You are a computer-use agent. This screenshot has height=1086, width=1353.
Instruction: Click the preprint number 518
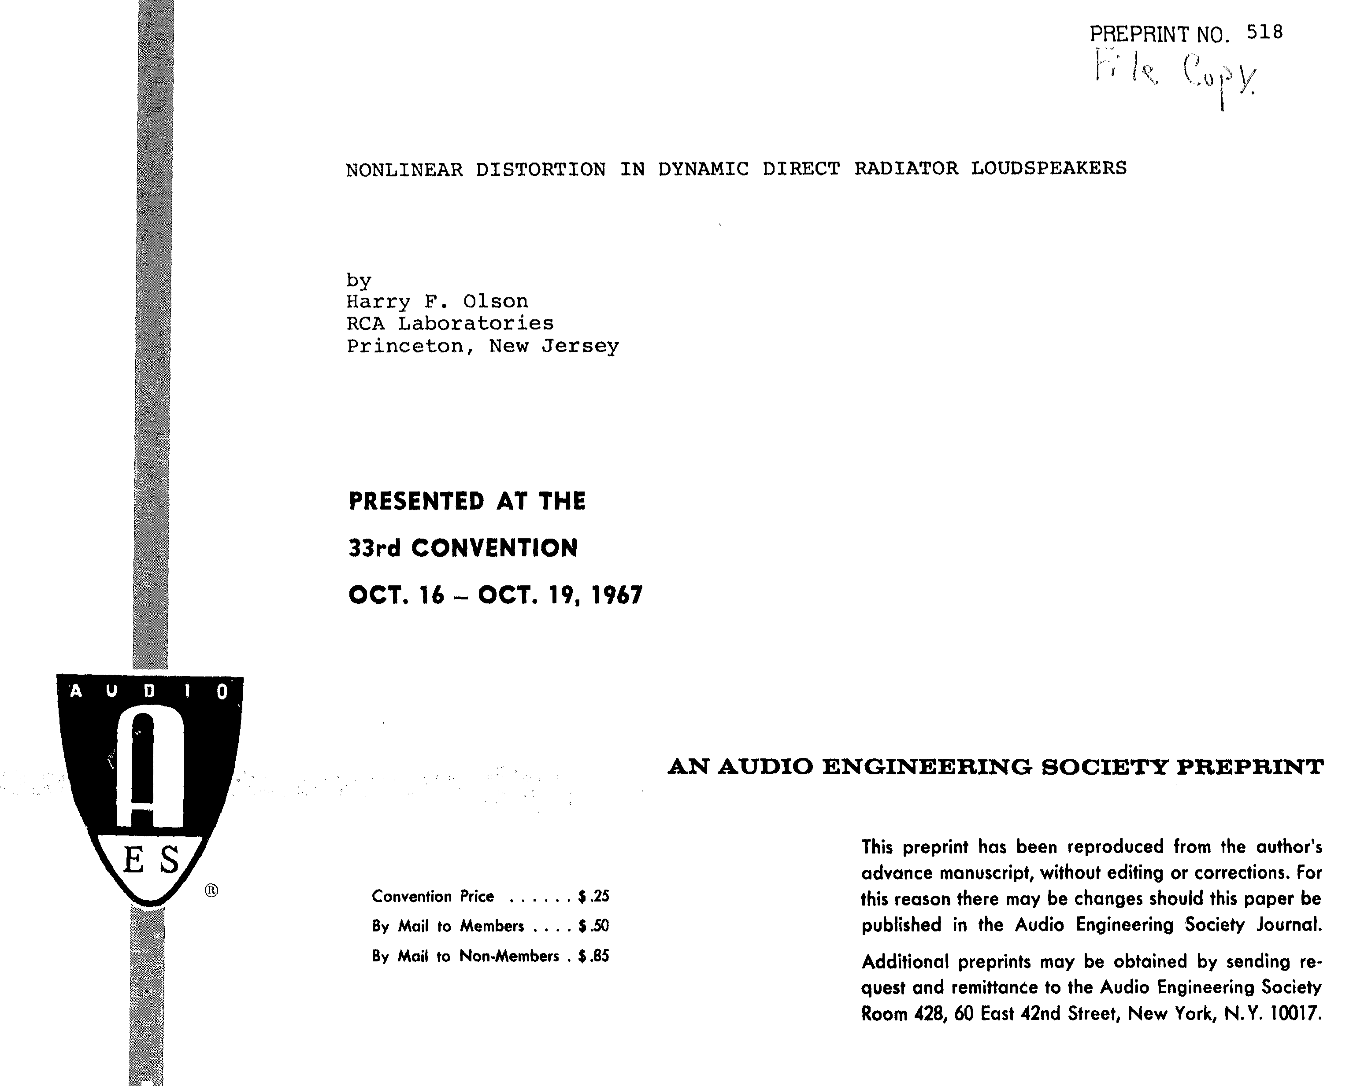click(x=1264, y=32)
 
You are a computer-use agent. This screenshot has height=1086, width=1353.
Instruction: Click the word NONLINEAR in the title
click(x=404, y=170)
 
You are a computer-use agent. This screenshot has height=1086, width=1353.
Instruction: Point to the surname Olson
click(x=496, y=302)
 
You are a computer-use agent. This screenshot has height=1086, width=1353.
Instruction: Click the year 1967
click(x=618, y=595)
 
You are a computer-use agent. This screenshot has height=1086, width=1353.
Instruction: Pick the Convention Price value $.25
click(x=593, y=896)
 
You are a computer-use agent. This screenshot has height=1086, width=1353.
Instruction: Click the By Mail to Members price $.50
click(x=593, y=926)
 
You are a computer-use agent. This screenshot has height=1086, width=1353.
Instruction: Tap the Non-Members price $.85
click(x=593, y=956)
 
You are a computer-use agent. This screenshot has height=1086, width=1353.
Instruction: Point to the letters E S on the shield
click(x=151, y=860)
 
